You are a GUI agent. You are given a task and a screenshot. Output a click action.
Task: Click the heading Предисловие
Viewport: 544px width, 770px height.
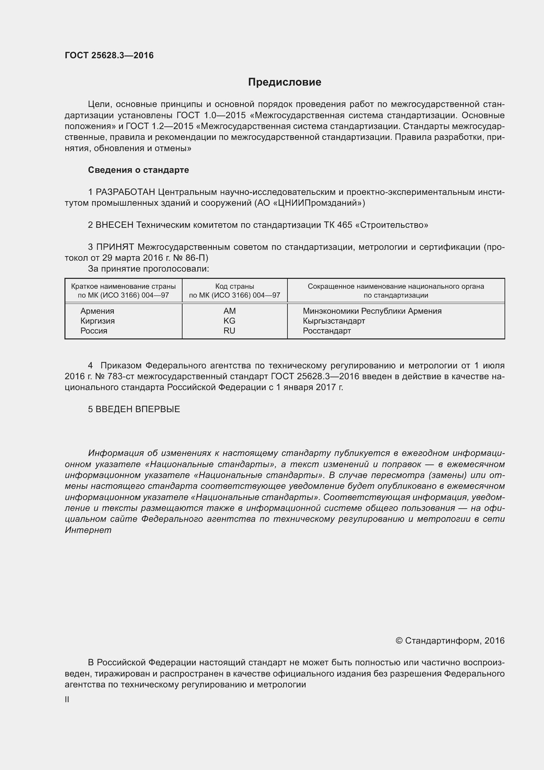point(284,82)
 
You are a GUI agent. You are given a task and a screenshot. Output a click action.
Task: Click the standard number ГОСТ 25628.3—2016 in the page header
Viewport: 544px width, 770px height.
point(109,55)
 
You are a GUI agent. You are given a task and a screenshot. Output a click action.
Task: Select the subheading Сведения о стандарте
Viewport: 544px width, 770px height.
point(138,170)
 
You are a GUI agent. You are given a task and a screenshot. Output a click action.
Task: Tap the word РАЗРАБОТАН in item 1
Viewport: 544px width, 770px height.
point(125,192)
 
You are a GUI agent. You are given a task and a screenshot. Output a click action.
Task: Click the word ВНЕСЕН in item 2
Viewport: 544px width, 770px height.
point(114,225)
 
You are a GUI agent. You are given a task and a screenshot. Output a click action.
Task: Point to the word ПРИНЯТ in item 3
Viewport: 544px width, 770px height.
point(115,247)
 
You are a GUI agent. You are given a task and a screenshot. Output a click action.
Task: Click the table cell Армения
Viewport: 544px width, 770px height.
point(97,311)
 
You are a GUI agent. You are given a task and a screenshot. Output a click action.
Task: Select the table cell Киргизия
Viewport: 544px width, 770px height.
point(97,321)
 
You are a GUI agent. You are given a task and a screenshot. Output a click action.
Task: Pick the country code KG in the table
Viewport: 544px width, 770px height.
point(230,321)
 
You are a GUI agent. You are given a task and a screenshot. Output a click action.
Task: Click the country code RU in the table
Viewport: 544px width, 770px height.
point(230,331)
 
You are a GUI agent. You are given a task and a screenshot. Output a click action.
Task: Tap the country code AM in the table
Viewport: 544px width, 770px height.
point(230,311)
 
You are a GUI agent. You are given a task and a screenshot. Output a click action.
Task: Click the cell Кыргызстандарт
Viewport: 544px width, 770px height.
point(334,321)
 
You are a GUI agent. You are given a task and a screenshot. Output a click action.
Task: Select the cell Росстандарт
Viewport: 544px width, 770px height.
point(327,331)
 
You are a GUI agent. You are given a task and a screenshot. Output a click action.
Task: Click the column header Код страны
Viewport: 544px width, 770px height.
point(235,286)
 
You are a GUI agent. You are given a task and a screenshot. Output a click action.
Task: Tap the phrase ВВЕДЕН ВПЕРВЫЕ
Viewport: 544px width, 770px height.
point(138,409)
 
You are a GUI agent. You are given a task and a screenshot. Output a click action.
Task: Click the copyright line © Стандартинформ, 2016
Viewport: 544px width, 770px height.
point(450,641)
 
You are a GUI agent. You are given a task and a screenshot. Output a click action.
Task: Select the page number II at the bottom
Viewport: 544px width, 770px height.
point(67,699)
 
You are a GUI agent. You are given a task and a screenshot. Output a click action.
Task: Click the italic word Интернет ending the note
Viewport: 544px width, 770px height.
point(88,530)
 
